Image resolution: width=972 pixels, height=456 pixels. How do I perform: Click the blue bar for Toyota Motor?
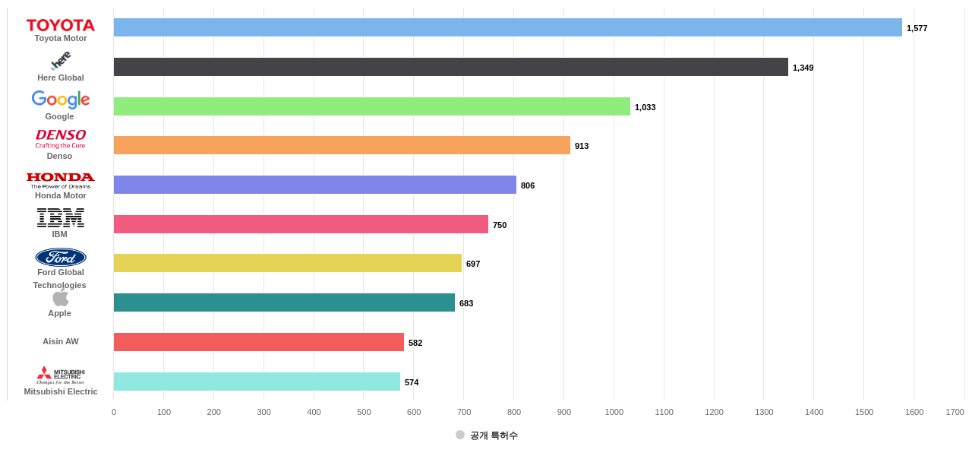point(507,27)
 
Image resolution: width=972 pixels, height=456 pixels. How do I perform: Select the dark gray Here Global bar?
point(450,67)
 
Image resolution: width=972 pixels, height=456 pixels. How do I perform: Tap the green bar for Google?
point(371,106)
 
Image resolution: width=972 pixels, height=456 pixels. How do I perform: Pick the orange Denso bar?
point(342,145)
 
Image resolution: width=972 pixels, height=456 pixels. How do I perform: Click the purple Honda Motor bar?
point(314,185)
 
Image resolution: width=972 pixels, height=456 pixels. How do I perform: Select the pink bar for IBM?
point(301,224)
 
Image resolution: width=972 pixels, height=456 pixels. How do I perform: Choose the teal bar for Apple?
point(284,302)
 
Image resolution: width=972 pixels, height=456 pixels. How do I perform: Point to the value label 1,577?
point(917,28)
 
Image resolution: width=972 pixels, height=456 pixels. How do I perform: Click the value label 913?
point(582,146)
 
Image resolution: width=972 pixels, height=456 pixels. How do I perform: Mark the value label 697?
point(473,264)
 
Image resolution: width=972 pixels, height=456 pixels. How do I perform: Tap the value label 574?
point(412,382)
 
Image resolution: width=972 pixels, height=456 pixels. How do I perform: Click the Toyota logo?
point(61,25)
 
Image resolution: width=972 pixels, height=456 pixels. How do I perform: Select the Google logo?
point(61,100)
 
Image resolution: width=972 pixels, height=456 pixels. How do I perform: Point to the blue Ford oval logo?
point(61,257)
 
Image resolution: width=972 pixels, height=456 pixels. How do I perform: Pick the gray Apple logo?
point(60,298)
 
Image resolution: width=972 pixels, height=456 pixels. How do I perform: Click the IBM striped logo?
point(60,217)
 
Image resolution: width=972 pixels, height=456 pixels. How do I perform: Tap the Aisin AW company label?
point(61,341)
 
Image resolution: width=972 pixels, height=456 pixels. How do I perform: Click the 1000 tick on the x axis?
point(614,412)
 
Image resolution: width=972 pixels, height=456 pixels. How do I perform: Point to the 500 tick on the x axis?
point(364,412)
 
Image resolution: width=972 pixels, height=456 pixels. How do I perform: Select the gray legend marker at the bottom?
point(460,435)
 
